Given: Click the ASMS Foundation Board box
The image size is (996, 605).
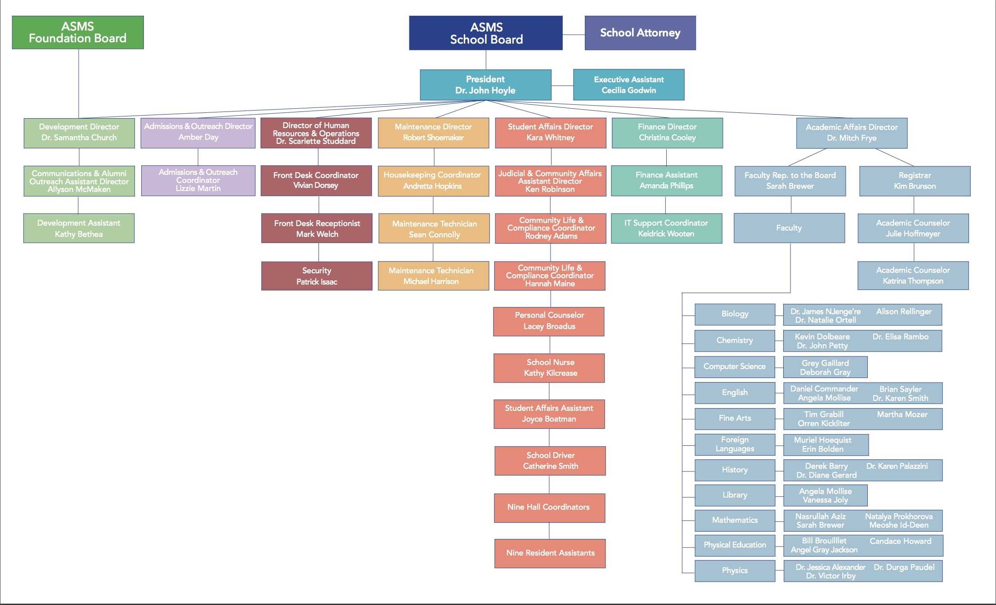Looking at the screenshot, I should tap(78, 32).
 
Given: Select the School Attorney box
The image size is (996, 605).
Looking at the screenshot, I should tap(640, 33).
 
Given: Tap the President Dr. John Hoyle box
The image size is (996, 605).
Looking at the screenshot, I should tap(485, 85).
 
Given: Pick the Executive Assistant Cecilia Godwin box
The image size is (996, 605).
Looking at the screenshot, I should tap(628, 85).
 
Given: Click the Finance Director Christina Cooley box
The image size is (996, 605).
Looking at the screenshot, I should tap(667, 133).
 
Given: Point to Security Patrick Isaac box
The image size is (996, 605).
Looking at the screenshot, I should tap(317, 276).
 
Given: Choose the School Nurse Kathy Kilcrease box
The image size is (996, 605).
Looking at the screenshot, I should tap(549, 368).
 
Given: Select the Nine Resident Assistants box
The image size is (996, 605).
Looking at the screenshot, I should tap(550, 553).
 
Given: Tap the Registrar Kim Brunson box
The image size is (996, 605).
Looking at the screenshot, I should tap(915, 181).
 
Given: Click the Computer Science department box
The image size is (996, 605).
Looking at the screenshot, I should tap(735, 366).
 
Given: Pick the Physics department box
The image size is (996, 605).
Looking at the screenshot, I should tap(735, 570).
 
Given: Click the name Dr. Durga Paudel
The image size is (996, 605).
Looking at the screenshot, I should tap(904, 567).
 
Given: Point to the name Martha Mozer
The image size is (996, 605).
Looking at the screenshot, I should tap(902, 414).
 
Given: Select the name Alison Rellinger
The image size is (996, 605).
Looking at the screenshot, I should tap(904, 311).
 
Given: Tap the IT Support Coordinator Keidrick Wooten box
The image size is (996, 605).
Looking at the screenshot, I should tap(666, 228).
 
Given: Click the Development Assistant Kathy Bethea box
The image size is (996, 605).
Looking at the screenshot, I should tap(79, 228).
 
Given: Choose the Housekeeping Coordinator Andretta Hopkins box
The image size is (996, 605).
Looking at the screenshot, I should tap(433, 181).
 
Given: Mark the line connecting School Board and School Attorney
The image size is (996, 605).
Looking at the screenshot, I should tap(574, 35).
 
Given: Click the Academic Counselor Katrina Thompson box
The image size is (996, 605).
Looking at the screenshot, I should tap(913, 276).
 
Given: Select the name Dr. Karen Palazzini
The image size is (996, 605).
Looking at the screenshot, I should tap(897, 466).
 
